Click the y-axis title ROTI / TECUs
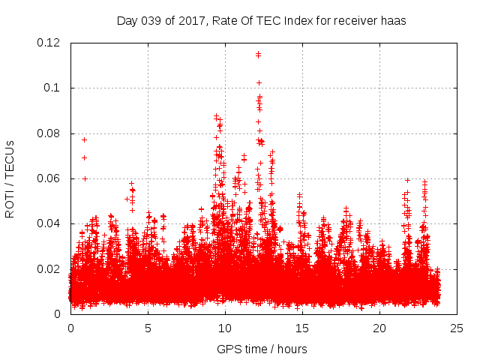[10, 178]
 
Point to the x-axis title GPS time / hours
[262, 349]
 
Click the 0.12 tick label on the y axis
[50, 43]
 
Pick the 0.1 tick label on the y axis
[53, 88]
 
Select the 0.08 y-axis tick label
[50, 133]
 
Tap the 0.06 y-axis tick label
[50, 178]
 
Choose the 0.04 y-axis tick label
[50, 223]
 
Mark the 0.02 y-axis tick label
[50, 269]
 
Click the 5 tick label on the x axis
[148, 328]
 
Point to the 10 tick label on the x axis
[225, 328]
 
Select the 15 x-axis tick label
[302, 328]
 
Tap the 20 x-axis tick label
[379, 328]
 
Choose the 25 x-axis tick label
[457, 328]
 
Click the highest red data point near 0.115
[258, 54]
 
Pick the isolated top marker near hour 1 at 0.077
[85, 139]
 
